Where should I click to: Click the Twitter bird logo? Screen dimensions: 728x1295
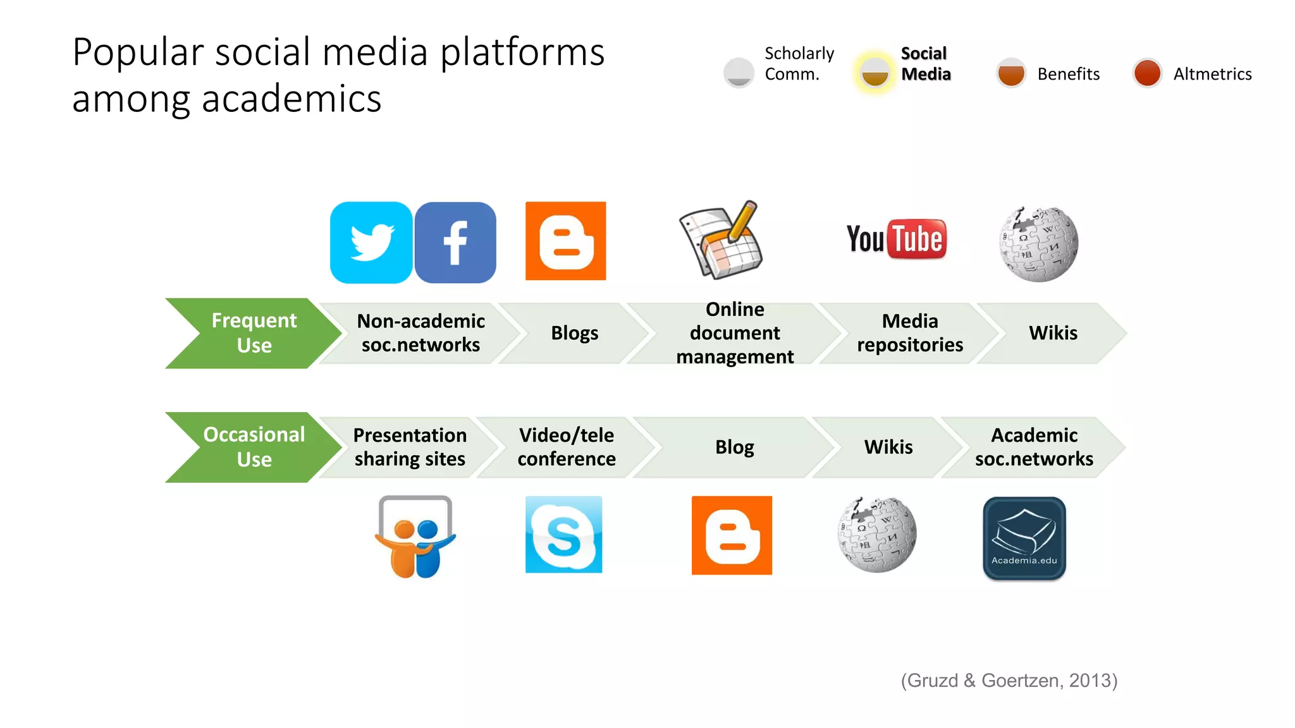[x=371, y=243]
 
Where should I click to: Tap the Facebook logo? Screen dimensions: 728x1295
[x=455, y=243]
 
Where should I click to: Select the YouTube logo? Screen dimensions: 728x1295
[x=897, y=240]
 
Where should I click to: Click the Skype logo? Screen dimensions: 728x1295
[x=563, y=535]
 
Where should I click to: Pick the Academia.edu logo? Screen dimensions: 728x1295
[x=1024, y=538]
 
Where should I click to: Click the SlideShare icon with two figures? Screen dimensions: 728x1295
[x=415, y=537]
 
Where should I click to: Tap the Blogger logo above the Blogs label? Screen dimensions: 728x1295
[x=565, y=241]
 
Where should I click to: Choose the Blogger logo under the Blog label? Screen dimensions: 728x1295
[x=732, y=535]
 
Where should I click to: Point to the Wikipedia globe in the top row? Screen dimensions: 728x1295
[x=1038, y=244]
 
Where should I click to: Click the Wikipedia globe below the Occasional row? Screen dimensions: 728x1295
[x=877, y=535]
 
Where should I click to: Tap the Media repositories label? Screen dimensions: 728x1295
[x=910, y=333]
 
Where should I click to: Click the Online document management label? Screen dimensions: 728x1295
[x=735, y=333]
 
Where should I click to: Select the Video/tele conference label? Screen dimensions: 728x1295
[x=567, y=447]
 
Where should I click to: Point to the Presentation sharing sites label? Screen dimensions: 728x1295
[x=410, y=447]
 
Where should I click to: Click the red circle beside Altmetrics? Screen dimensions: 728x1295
[x=1147, y=73]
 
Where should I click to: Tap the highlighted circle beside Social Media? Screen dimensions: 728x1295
[x=875, y=72]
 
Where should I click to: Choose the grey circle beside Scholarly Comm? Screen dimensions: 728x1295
[x=739, y=73]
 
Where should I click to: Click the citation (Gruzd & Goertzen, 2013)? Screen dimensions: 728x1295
[x=1009, y=681]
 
